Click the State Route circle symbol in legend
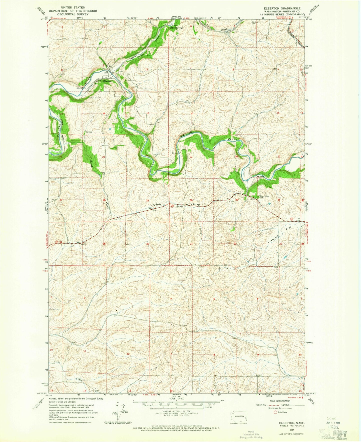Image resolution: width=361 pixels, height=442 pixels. click(276, 412)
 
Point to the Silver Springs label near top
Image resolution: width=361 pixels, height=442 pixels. click(177, 28)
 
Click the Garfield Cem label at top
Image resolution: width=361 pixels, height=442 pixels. click(254, 22)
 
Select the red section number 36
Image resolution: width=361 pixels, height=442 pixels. click(148, 244)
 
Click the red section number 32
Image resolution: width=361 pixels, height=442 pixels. click(235, 244)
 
